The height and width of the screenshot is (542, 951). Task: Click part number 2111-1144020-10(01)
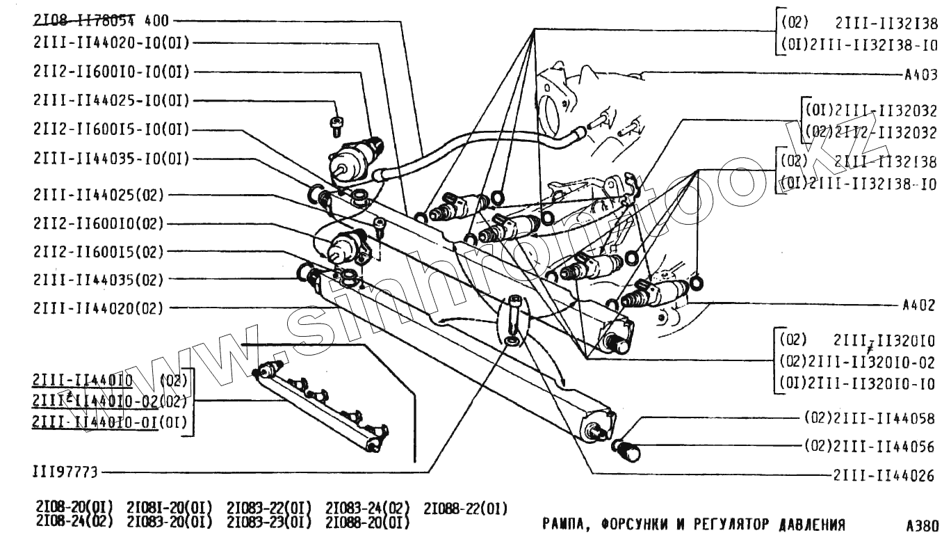[111, 43]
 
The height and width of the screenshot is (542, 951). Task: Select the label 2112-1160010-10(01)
[111, 72]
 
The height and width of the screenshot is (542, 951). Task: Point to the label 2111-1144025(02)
[98, 195]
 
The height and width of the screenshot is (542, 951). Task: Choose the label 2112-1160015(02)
[98, 251]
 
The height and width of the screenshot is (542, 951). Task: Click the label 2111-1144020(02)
[98, 308]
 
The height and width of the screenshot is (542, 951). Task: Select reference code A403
[920, 75]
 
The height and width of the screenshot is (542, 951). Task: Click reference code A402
[918, 305]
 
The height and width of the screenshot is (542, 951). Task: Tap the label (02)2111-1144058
[869, 418]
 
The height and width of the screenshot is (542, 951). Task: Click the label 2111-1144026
[884, 476]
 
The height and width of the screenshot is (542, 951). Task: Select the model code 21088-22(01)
[466, 508]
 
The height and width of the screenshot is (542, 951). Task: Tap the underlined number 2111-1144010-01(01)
[95, 422]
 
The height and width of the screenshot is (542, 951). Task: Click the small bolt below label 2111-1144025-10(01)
[336, 125]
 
